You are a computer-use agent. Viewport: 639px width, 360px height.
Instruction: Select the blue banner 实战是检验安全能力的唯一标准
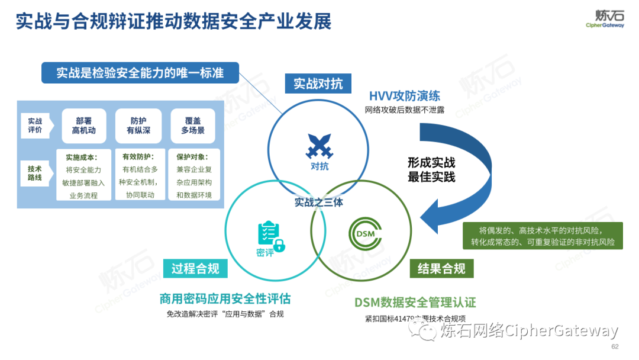point(140,73)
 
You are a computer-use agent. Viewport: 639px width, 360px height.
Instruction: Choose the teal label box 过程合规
point(195,268)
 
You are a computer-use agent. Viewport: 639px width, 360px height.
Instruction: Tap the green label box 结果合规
point(441,268)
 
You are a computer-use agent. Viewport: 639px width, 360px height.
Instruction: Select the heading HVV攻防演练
point(405,96)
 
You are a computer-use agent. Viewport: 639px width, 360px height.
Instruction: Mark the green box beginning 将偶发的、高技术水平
point(543,236)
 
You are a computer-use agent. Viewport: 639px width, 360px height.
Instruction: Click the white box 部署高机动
point(84,125)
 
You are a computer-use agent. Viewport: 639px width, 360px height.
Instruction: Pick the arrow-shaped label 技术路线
point(35,173)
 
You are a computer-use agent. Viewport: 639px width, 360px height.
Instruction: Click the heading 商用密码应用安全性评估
point(225,298)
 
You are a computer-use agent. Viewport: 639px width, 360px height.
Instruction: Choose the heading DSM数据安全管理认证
point(415,303)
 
